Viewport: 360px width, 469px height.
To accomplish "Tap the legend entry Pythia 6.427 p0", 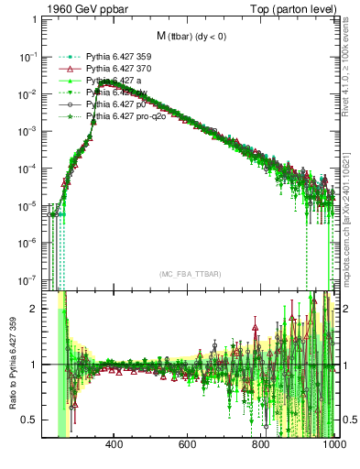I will click(x=115, y=105).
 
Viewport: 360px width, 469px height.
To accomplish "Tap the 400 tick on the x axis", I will click(x=115, y=445).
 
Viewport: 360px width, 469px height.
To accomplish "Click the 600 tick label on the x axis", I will click(x=188, y=445).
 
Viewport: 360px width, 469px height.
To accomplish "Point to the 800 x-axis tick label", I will click(x=261, y=445).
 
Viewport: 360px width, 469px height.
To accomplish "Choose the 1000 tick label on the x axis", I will click(x=333, y=445).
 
